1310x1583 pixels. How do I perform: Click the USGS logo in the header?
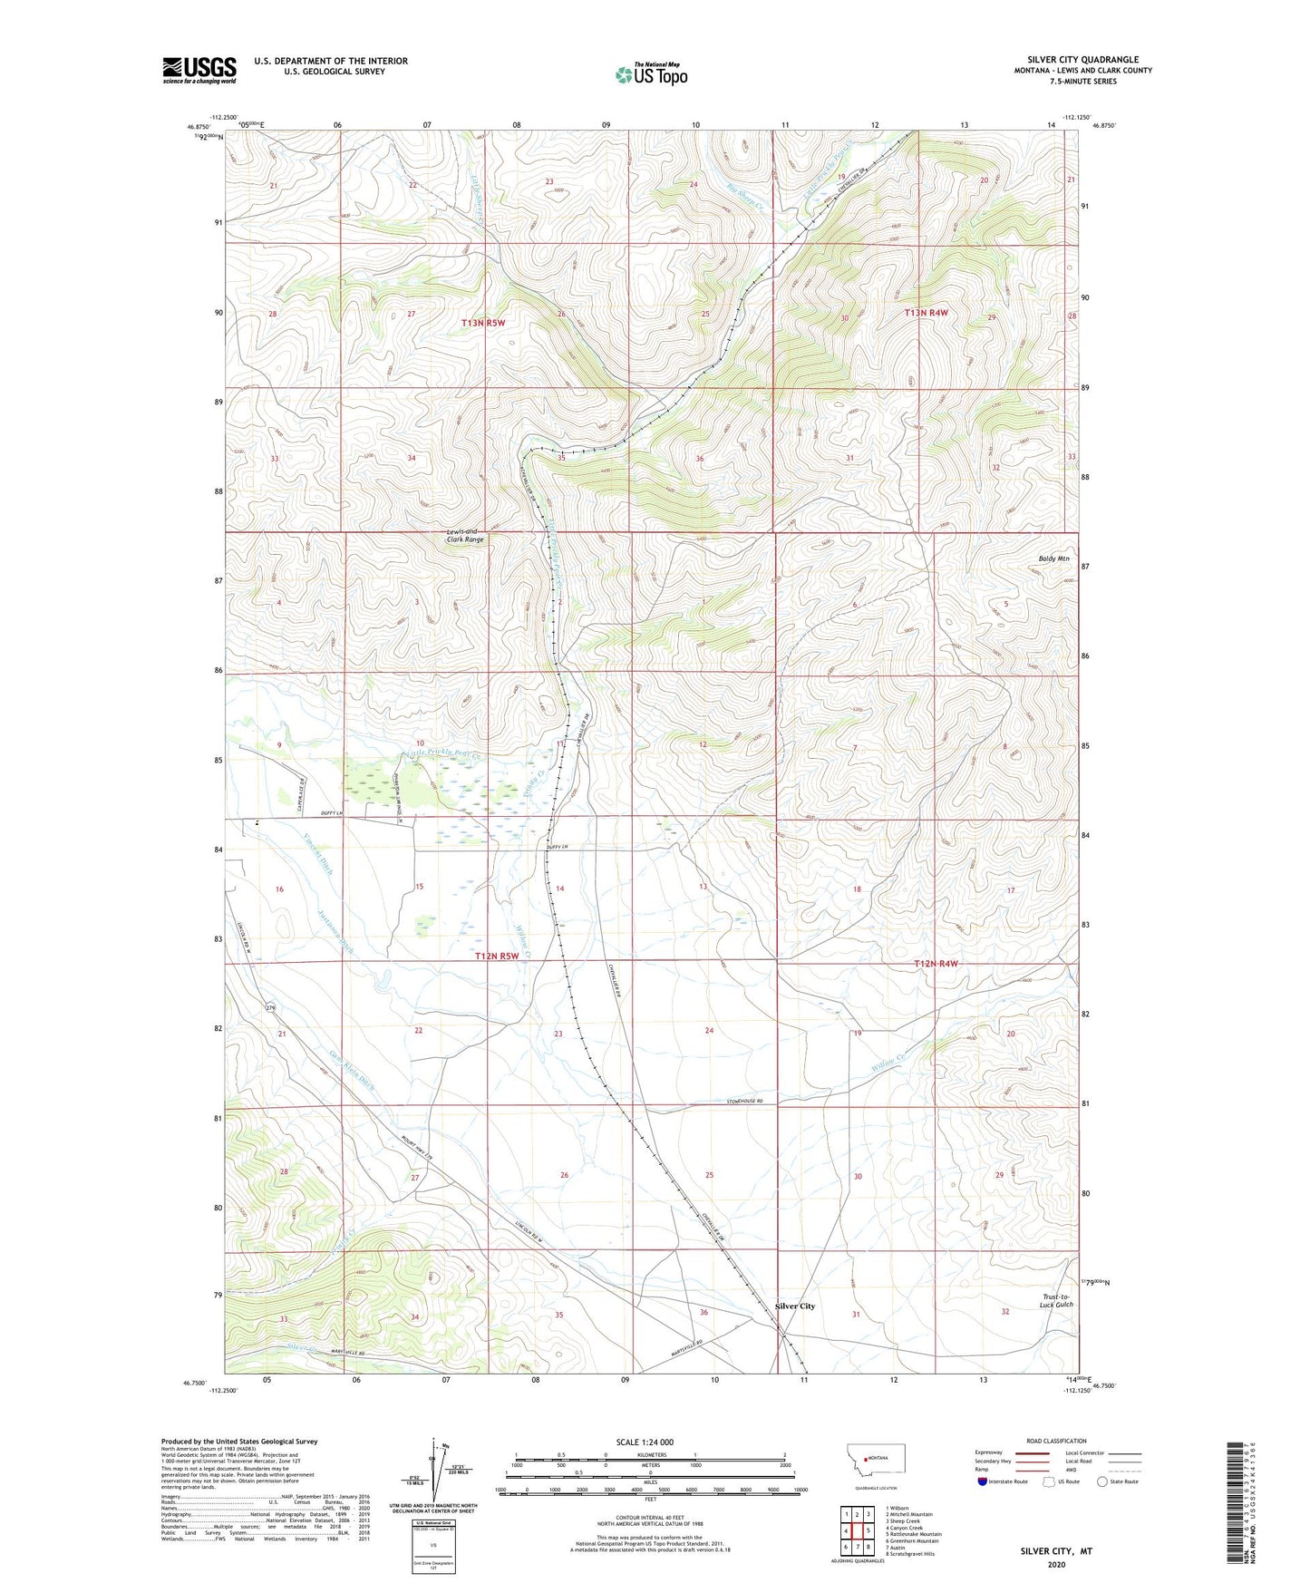(199, 70)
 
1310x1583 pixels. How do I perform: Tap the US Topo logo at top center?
(650, 74)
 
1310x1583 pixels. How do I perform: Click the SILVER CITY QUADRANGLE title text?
(1082, 60)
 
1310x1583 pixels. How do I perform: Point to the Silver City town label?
(794, 1306)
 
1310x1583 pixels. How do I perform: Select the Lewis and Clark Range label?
(464, 535)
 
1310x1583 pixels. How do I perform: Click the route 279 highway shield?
(270, 1008)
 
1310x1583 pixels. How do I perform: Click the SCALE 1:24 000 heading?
(645, 1442)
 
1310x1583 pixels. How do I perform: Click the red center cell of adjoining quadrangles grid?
(857, 1530)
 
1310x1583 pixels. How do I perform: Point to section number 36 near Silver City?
(704, 1312)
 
